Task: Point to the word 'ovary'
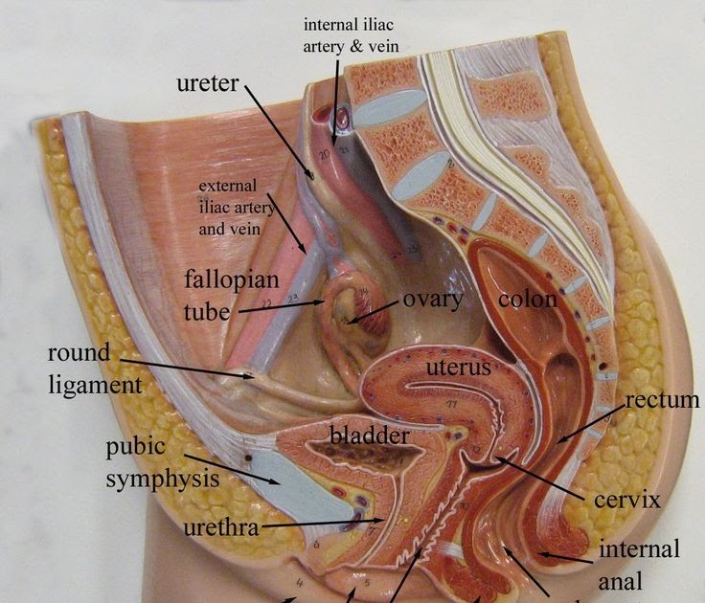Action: (x=432, y=299)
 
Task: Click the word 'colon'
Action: (x=527, y=300)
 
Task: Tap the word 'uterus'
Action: (x=459, y=367)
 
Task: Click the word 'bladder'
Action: (x=369, y=435)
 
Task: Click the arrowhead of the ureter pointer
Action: (x=309, y=173)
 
